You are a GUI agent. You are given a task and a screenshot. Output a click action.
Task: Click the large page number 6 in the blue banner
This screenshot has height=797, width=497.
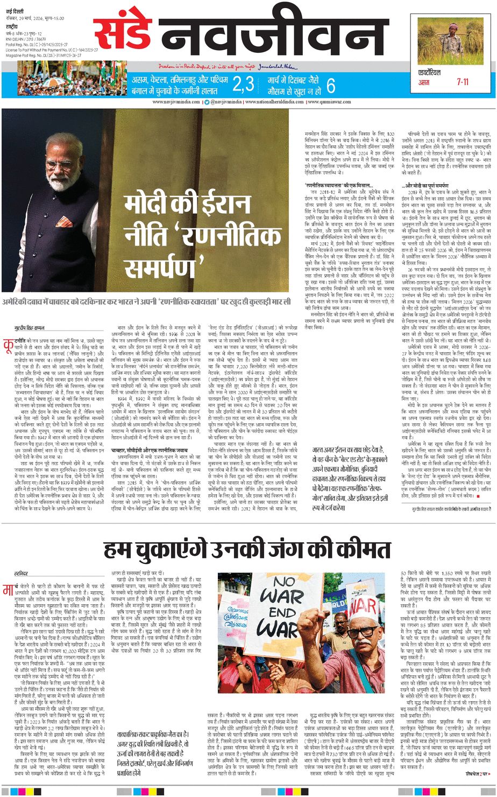pos(331,85)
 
